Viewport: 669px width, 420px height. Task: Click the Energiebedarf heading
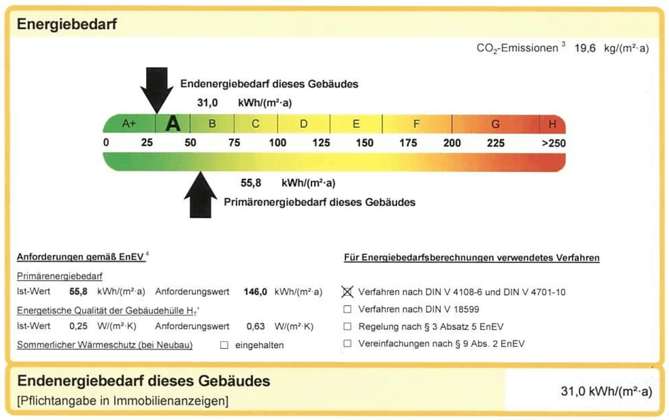click(67, 24)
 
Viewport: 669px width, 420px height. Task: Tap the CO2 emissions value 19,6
click(585, 49)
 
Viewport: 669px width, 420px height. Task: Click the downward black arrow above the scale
click(157, 90)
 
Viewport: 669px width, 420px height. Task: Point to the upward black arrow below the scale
click(201, 195)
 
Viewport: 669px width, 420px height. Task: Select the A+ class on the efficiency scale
click(129, 123)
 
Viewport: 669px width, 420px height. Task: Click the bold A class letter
click(173, 124)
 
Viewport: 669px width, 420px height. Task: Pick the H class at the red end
click(552, 124)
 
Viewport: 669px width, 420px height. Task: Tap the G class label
click(496, 124)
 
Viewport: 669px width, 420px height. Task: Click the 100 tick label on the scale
click(278, 143)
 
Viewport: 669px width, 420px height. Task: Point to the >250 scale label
click(554, 143)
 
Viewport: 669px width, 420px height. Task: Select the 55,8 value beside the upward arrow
click(251, 183)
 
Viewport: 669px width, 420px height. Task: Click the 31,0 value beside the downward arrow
click(207, 103)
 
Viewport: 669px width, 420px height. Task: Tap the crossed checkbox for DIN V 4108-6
click(347, 292)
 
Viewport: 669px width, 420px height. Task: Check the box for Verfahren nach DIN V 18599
click(347, 309)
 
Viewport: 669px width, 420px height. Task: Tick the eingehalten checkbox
click(224, 345)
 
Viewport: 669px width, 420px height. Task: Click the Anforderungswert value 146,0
click(255, 292)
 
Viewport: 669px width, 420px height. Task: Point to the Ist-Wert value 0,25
click(78, 326)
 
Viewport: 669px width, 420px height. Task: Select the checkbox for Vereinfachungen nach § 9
click(347, 344)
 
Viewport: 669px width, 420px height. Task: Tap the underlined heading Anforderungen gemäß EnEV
click(81, 257)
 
